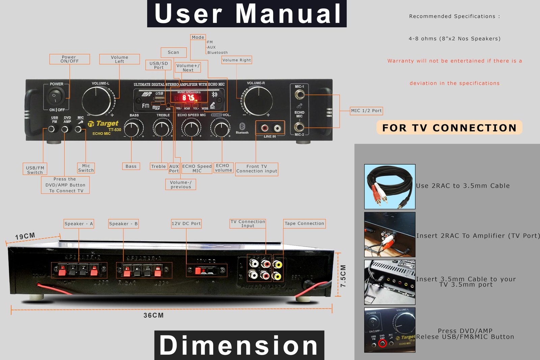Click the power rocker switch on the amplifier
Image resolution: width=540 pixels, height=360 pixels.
click(x=56, y=96)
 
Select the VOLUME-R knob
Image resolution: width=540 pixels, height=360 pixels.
click(x=258, y=100)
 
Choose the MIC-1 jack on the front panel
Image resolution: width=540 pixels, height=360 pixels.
click(x=299, y=95)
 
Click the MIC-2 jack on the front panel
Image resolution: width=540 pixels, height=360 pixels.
click(x=299, y=127)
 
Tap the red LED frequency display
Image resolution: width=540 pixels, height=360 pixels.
click(x=189, y=98)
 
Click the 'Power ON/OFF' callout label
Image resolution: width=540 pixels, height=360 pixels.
click(x=70, y=59)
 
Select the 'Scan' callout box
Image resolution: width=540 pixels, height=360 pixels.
click(x=173, y=52)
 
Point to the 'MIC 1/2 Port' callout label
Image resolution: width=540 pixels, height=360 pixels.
click(x=366, y=111)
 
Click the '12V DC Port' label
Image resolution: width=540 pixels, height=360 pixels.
click(x=186, y=223)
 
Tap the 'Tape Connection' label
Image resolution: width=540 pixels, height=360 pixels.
click(x=304, y=223)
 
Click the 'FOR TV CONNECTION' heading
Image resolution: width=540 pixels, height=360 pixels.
click(x=449, y=128)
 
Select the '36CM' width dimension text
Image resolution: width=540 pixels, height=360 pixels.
click(x=154, y=315)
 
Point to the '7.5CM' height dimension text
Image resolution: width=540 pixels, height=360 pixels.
click(x=343, y=276)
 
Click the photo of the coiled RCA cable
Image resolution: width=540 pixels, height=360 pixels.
click(x=390, y=187)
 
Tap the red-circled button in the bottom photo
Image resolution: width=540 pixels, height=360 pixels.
click(x=382, y=343)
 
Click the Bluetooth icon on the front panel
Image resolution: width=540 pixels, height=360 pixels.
click(x=242, y=126)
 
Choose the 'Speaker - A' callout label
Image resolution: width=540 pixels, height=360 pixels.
click(x=79, y=224)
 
